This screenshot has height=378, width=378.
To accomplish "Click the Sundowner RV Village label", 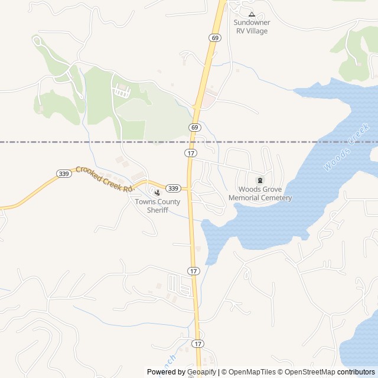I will [x=252, y=27].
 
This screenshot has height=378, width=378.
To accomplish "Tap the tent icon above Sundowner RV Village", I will [x=252, y=14].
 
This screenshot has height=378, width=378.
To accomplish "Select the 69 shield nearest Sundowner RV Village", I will [x=214, y=37].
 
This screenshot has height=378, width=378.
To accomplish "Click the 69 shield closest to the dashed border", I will [x=195, y=127].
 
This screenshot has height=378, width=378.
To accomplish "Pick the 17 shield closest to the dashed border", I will [x=190, y=153].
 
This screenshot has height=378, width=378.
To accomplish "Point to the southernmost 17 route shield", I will [x=197, y=343].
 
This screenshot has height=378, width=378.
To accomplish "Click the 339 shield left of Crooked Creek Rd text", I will [x=64, y=173].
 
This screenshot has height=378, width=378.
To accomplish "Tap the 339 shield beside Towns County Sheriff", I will [x=172, y=188].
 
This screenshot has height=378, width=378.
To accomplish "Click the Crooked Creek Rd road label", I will [x=104, y=178].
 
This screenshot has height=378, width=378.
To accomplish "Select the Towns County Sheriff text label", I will [x=158, y=206].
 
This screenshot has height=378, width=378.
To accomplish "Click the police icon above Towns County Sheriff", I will [x=157, y=192].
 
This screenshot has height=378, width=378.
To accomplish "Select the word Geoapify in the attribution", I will [x=202, y=372].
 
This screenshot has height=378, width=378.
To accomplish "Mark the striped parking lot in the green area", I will [x=121, y=92].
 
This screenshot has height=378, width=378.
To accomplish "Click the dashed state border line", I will [x=89, y=142].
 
